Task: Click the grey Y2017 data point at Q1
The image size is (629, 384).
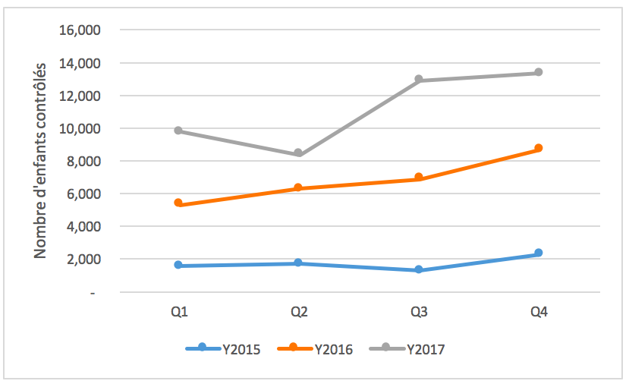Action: [x=178, y=131]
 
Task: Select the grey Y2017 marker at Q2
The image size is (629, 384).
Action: [x=298, y=153]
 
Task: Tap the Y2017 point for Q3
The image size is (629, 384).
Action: [x=418, y=80]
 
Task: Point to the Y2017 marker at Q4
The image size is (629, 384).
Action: [x=538, y=73]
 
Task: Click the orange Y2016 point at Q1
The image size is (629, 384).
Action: [x=178, y=203]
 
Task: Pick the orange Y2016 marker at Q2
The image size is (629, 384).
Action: [x=298, y=187]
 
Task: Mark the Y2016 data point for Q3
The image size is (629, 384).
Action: [x=418, y=178]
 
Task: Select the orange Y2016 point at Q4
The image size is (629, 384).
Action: [x=538, y=148]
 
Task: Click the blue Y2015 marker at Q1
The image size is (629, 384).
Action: [x=178, y=265]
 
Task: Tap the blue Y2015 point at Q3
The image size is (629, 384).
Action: [x=418, y=269]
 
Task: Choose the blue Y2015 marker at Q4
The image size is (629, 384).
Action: [x=538, y=253]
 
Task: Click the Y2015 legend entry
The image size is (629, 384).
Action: [x=225, y=349]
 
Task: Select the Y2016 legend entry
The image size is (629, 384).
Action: [x=316, y=349]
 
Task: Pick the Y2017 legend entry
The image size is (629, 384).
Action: [x=407, y=349]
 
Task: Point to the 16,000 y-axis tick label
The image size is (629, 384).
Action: [x=83, y=30]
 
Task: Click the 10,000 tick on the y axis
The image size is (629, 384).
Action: [x=83, y=128]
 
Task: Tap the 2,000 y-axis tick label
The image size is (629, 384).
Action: [x=86, y=259]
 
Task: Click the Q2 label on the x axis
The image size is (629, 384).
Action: [x=298, y=312]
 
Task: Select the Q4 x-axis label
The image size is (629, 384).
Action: [x=538, y=312]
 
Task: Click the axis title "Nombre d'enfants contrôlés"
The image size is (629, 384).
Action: [x=41, y=160]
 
